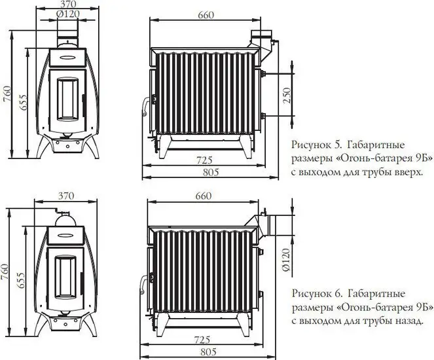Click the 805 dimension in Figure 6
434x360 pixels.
[208, 351]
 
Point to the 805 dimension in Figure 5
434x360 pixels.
[208, 171]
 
